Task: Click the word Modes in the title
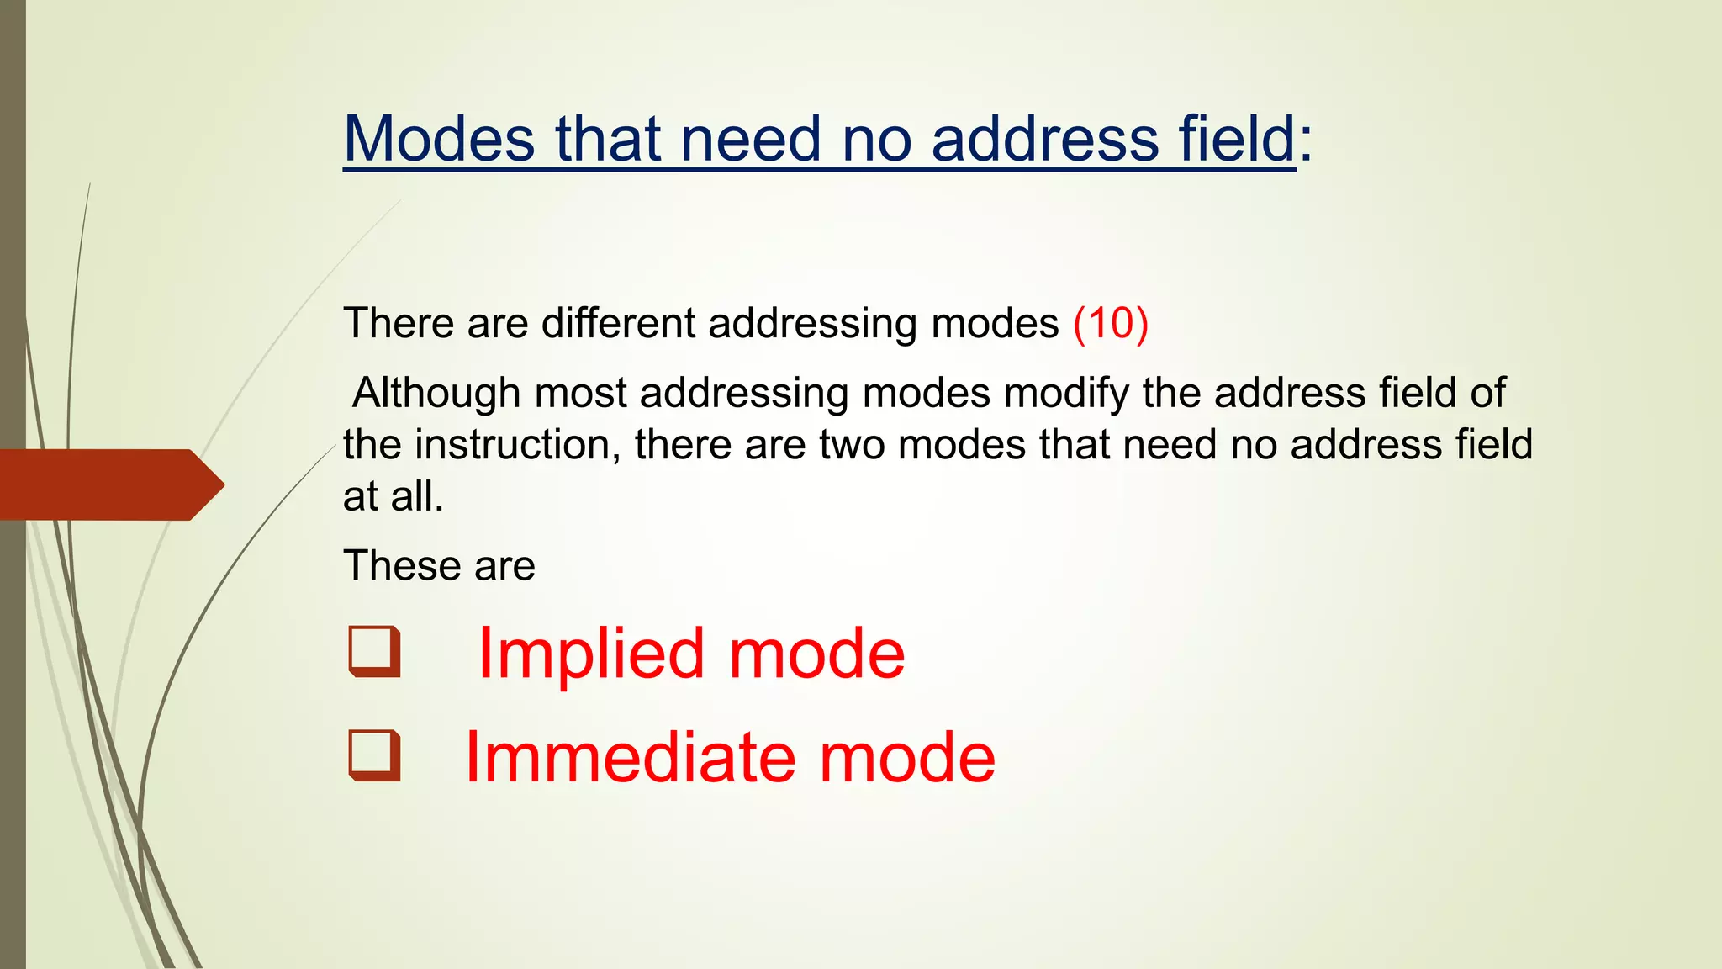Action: (439, 139)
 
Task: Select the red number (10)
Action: (1111, 324)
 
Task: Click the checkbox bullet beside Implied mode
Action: (374, 652)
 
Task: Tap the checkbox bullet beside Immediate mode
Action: (374, 755)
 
